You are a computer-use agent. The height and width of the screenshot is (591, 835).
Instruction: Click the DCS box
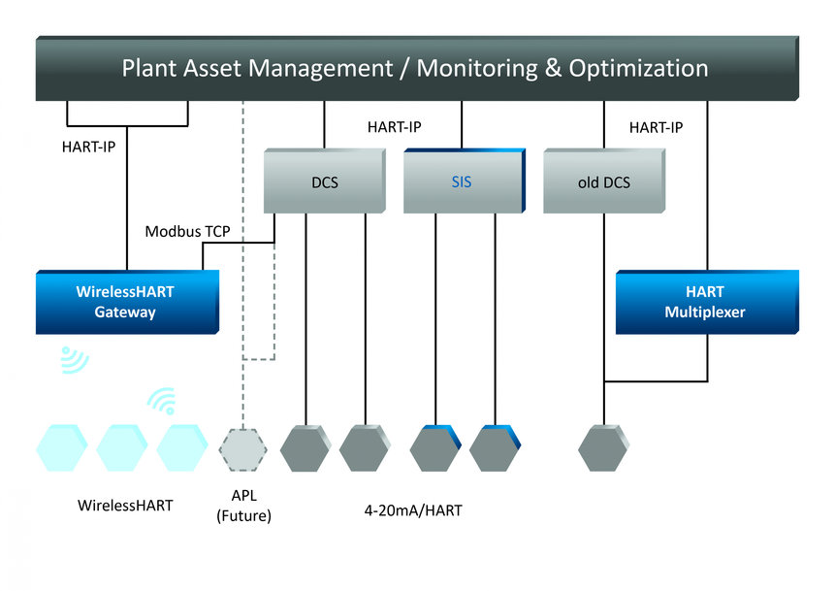pyautogui.click(x=325, y=181)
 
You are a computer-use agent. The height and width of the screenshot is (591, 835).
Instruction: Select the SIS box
pyautogui.click(x=462, y=181)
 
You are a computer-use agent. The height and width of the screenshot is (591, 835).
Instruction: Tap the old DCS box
pyautogui.click(x=602, y=181)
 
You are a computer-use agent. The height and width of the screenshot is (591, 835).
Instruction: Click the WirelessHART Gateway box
pyautogui.click(x=125, y=302)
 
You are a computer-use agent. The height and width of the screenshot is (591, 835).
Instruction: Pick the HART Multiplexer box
pyautogui.click(x=707, y=302)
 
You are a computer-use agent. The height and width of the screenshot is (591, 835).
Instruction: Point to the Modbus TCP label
pyautogui.click(x=188, y=232)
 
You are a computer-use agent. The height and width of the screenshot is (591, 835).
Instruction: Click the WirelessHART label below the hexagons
pyautogui.click(x=125, y=506)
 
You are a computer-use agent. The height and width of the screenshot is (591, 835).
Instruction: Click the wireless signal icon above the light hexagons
pyautogui.click(x=163, y=400)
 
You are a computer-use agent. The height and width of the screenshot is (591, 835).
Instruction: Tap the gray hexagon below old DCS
pyautogui.click(x=603, y=449)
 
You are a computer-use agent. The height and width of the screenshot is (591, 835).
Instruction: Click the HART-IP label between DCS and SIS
pyautogui.click(x=394, y=127)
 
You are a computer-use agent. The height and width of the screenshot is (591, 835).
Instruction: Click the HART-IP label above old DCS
pyautogui.click(x=656, y=127)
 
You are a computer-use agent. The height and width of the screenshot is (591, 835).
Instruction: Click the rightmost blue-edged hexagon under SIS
pyautogui.click(x=495, y=448)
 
